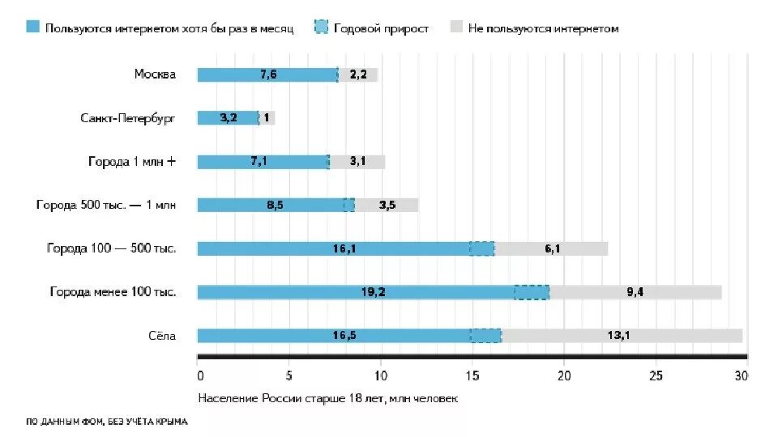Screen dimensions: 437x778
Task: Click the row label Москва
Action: (x=155, y=74)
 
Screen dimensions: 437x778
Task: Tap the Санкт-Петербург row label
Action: (x=128, y=118)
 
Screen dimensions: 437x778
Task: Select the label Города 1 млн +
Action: (x=132, y=161)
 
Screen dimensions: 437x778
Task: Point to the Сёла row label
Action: (x=161, y=335)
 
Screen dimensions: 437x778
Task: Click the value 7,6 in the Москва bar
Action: (x=268, y=74)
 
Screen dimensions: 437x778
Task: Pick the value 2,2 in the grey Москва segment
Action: (x=358, y=74)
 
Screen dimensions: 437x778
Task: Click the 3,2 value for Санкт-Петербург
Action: (x=228, y=118)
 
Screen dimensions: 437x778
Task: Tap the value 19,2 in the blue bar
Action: (x=373, y=292)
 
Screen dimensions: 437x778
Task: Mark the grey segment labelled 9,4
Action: (x=635, y=292)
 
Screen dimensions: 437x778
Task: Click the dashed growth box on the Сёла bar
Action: (x=485, y=335)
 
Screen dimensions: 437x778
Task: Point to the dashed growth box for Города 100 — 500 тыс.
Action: (x=481, y=248)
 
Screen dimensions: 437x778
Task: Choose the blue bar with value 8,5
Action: (x=275, y=205)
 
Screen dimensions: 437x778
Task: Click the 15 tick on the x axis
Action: (x=472, y=375)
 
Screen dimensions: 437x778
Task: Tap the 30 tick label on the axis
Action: (x=741, y=375)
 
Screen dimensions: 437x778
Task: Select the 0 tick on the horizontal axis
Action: (x=199, y=375)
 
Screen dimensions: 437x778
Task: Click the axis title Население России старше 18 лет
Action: (x=327, y=399)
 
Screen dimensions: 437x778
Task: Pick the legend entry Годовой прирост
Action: (x=388, y=28)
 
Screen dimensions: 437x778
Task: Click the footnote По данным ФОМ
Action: (x=106, y=421)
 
